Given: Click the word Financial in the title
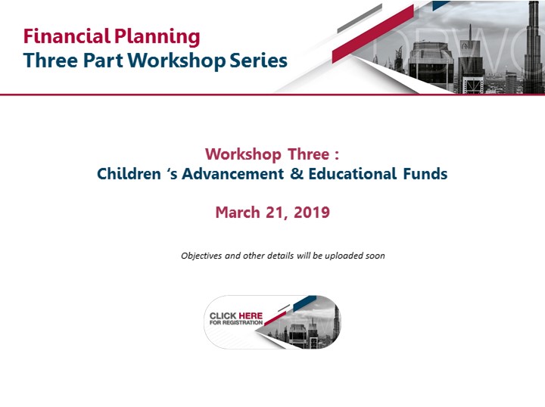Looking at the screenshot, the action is coord(67,36).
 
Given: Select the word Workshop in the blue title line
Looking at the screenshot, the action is coord(176,61).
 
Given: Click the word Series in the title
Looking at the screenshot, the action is coord(258,61).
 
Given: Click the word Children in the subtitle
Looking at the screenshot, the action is coord(129,174).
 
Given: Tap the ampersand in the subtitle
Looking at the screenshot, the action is coord(297,174).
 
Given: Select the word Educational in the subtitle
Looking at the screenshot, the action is coord(352,174).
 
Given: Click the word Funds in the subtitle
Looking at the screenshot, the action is coord(425,174).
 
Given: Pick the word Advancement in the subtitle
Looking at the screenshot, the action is coord(232,174).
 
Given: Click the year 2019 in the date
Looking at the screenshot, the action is coord(311,212).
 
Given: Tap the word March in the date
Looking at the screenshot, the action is coord(238,212).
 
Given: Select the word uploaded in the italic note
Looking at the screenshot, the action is coord(339,256).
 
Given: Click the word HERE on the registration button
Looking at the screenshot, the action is coord(251,315).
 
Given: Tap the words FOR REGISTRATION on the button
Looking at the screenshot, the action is coord(236,322).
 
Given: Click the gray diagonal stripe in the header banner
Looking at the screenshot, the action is coord(360,18).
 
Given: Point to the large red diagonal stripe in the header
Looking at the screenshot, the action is coord(373,34).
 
